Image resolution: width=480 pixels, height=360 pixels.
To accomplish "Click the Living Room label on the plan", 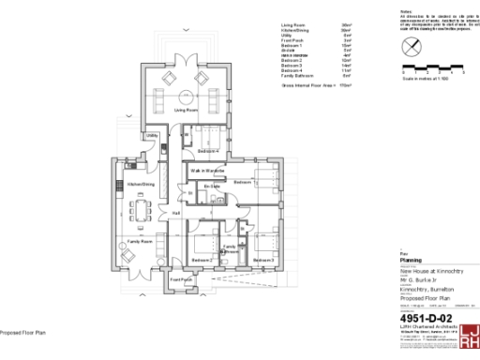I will [x=185, y=111].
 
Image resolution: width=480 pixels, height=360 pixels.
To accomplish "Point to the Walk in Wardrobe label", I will [x=207, y=170].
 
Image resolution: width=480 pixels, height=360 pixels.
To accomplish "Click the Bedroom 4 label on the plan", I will [x=208, y=150].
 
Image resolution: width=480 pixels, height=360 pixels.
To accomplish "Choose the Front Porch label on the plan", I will [x=181, y=279].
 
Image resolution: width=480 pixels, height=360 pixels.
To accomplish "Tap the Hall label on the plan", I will [x=175, y=214].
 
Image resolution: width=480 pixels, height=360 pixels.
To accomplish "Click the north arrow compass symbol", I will [x=410, y=47].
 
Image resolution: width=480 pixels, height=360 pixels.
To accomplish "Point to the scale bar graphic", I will [x=432, y=67].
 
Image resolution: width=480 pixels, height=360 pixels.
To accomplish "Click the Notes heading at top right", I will [x=404, y=12].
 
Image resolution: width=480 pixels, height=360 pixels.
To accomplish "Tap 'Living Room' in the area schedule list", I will [x=294, y=24].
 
